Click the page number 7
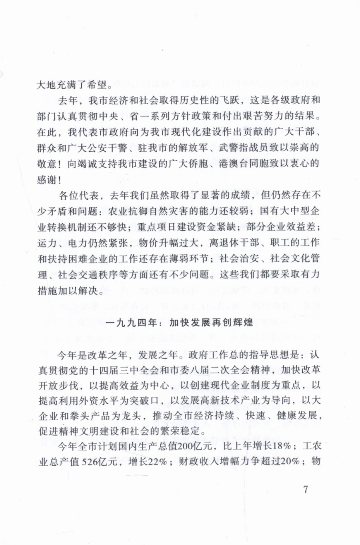tap(306, 489)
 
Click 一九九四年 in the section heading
tap(131, 323)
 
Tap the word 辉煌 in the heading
tap(243, 323)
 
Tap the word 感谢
tap(47, 180)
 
